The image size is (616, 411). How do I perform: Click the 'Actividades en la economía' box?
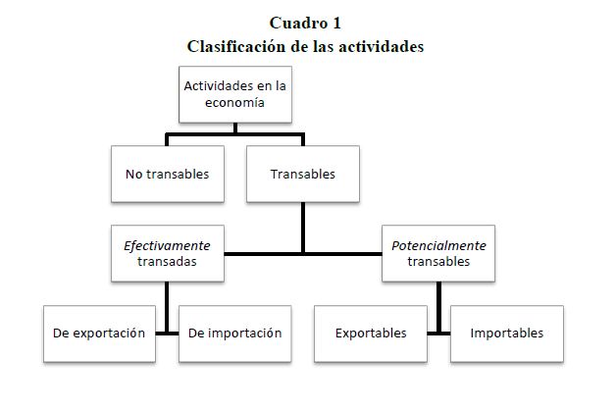(235, 94)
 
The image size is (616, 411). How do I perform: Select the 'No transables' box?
(167, 174)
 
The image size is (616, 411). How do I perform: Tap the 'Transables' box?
(302, 174)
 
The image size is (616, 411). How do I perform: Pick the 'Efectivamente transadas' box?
(167, 253)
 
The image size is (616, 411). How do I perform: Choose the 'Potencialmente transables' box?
(438, 253)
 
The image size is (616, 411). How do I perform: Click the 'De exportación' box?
(99, 333)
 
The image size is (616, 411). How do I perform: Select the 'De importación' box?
(234, 333)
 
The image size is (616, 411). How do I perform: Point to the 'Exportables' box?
(371, 333)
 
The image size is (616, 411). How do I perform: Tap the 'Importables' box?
(506, 333)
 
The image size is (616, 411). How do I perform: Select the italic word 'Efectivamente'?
(167, 244)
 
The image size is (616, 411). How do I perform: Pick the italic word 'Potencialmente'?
(438, 244)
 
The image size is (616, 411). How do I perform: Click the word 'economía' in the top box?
(235, 103)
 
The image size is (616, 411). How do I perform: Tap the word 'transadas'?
(167, 262)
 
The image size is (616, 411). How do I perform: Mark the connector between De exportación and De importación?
(168, 333)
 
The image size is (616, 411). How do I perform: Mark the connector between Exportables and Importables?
(438, 333)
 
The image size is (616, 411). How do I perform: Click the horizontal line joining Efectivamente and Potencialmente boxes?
(303, 254)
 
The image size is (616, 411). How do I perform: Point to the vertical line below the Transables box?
(302, 228)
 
